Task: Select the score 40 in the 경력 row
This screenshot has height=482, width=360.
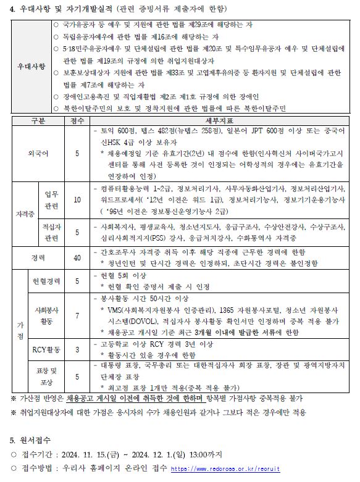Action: click(77, 257)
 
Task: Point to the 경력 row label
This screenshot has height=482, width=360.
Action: click(38, 257)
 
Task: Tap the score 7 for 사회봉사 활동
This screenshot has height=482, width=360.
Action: click(77, 315)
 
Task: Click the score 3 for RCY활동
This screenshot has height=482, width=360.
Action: click(77, 350)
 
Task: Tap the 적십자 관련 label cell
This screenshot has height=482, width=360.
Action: click(51, 232)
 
